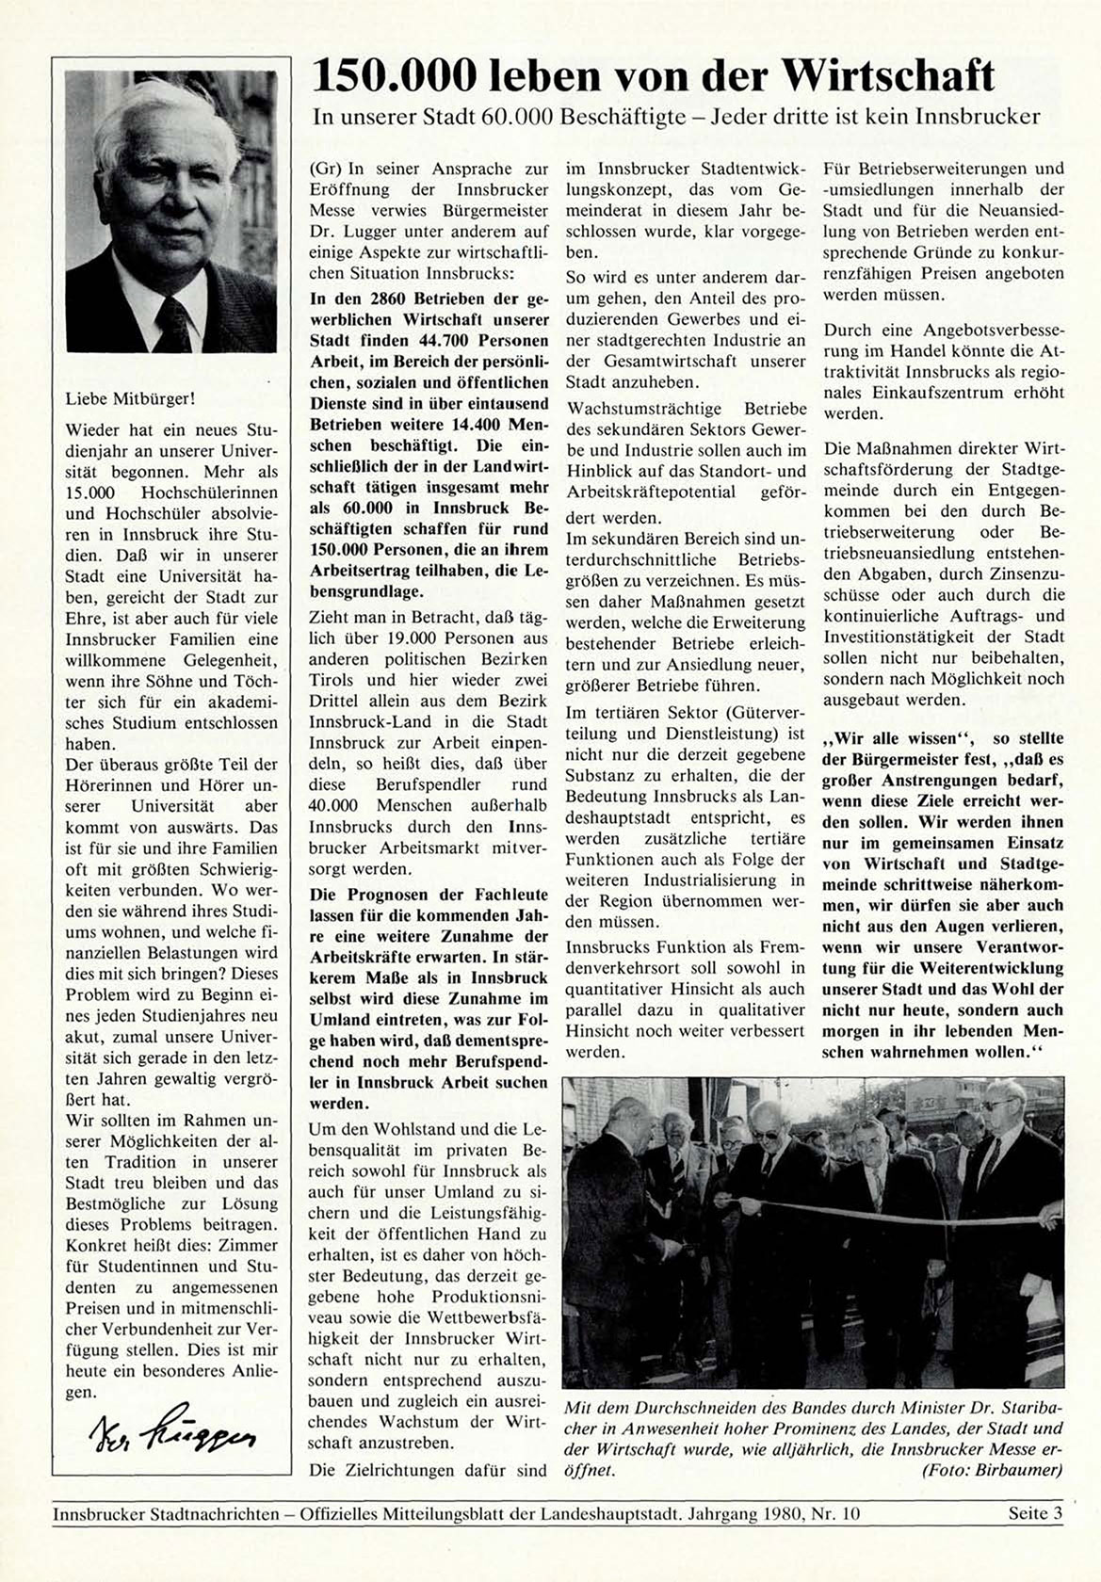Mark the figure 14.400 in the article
pyautogui.click(x=467, y=425)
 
